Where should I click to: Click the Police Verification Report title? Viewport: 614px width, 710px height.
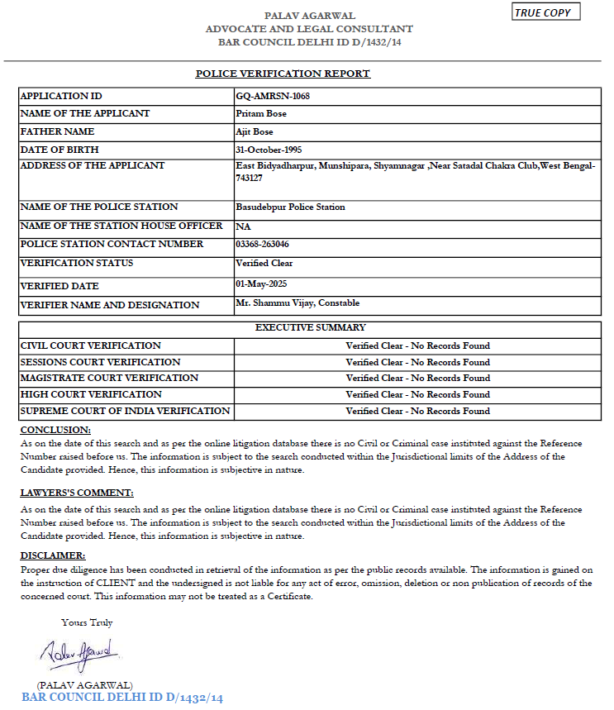pos(283,74)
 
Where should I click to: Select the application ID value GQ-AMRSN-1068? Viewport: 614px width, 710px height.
pos(273,96)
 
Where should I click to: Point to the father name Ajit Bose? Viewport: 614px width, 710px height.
pos(255,131)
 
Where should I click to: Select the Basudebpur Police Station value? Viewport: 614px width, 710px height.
pos(290,207)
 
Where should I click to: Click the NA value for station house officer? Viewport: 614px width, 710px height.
pos(242,226)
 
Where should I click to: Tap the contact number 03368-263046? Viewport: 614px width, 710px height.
pos(262,244)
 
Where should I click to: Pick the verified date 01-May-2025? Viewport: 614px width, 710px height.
pos(262,284)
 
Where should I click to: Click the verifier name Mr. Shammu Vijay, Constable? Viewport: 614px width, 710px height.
pos(297,303)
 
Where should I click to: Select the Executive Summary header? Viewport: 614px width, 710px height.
pos(310,328)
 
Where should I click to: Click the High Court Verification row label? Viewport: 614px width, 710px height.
pos(91,394)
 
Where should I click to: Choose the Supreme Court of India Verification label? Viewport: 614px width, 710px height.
pos(125,411)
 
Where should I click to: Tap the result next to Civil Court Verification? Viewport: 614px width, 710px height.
pos(417,345)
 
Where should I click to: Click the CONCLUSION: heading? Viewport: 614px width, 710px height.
pos(55,430)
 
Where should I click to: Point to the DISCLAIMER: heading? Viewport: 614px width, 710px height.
pos(53,555)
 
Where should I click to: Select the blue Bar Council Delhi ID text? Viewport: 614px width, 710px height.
pos(122,698)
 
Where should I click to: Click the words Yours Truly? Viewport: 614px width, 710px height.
pos(87,622)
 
